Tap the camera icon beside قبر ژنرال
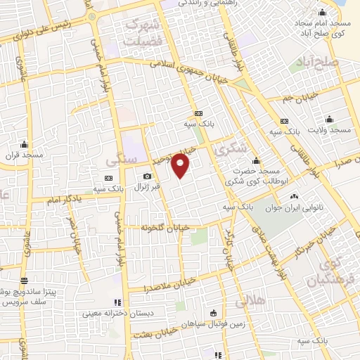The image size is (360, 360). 146,176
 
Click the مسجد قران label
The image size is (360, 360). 24,153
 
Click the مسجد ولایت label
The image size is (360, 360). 333,131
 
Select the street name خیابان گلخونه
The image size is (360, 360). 165,228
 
